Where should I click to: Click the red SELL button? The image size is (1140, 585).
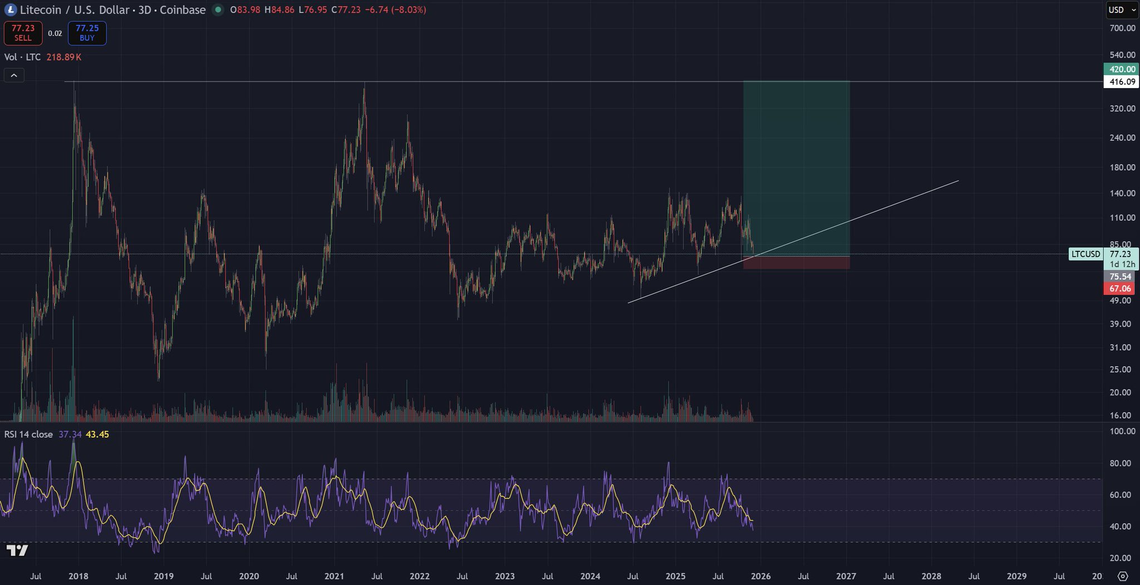coord(23,33)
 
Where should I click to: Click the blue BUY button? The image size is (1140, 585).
coord(87,33)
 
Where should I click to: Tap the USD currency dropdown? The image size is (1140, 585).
coord(1122,10)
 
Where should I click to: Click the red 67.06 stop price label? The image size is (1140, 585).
coord(1120,289)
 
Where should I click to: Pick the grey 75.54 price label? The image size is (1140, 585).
coord(1120,277)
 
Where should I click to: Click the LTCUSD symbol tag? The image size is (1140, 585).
coord(1085,254)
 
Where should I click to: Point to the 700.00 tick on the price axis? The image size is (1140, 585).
coord(1122,28)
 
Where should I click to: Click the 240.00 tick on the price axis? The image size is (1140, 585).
coord(1122,138)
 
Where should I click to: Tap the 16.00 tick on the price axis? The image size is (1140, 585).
coord(1121,415)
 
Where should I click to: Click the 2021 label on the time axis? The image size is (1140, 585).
coord(334,576)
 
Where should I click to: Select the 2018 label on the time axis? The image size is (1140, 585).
coord(78,576)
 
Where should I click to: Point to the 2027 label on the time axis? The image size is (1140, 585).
coord(846,576)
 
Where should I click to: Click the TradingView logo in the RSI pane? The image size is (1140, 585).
coord(17,550)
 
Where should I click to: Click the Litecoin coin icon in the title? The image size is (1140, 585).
coord(10,10)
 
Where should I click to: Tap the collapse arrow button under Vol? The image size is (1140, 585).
coord(14,75)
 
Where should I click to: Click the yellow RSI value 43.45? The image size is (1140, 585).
coord(97,435)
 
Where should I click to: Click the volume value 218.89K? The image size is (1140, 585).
coord(64,57)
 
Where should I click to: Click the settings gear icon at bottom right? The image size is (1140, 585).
coord(1123,576)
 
